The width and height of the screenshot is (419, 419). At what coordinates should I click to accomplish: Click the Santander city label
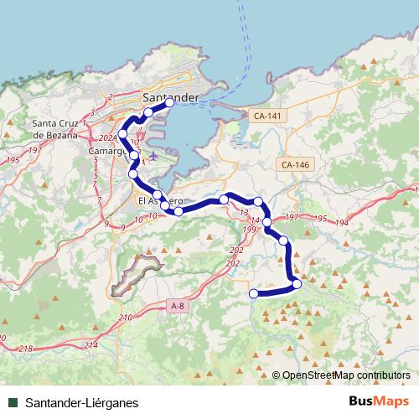point(171,97)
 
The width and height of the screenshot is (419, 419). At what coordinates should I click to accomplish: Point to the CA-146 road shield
point(296,164)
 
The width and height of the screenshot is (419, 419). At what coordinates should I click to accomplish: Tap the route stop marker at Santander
point(169,103)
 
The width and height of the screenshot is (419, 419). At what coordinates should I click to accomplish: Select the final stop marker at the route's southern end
point(254,293)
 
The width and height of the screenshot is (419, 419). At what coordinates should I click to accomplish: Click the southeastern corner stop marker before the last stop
point(297,284)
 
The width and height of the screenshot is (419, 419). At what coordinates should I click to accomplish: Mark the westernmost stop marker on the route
point(123,134)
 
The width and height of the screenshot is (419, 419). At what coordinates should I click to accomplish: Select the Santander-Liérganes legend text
point(82,402)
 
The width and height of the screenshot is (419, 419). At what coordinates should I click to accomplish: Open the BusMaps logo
point(378,401)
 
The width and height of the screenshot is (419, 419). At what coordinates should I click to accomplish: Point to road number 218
point(25,348)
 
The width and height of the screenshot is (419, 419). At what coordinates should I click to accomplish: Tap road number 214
point(91,345)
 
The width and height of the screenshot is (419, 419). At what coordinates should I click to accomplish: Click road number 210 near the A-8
point(126,318)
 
